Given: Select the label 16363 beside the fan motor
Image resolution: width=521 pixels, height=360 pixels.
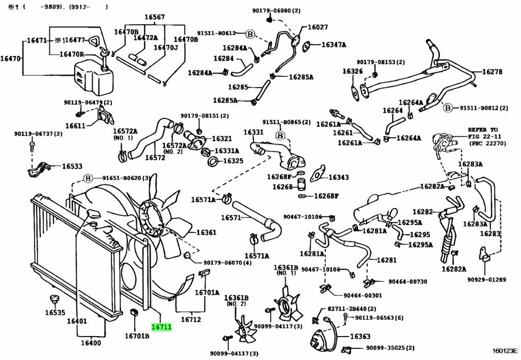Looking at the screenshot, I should (x=360, y=337).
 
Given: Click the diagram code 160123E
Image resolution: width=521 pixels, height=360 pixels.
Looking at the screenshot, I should (x=504, y=351).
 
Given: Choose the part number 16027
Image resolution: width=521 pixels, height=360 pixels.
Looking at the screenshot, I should (x=317, y=27).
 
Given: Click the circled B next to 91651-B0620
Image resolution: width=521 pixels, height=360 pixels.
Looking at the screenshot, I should (x=88, y=178).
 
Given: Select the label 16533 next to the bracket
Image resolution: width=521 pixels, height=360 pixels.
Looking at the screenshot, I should (x=72, y=166).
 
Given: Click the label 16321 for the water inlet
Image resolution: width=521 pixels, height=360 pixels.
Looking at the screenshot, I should (x=221, y=139).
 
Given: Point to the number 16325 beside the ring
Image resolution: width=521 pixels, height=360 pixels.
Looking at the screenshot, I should (x=233, y=161).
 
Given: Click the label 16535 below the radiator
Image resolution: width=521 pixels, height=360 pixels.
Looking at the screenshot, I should (x=55, y=312).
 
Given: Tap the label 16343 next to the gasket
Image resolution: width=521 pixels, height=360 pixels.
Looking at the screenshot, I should (x=338, y=177).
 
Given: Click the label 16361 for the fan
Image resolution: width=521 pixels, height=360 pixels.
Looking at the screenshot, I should (x=206, y=233).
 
